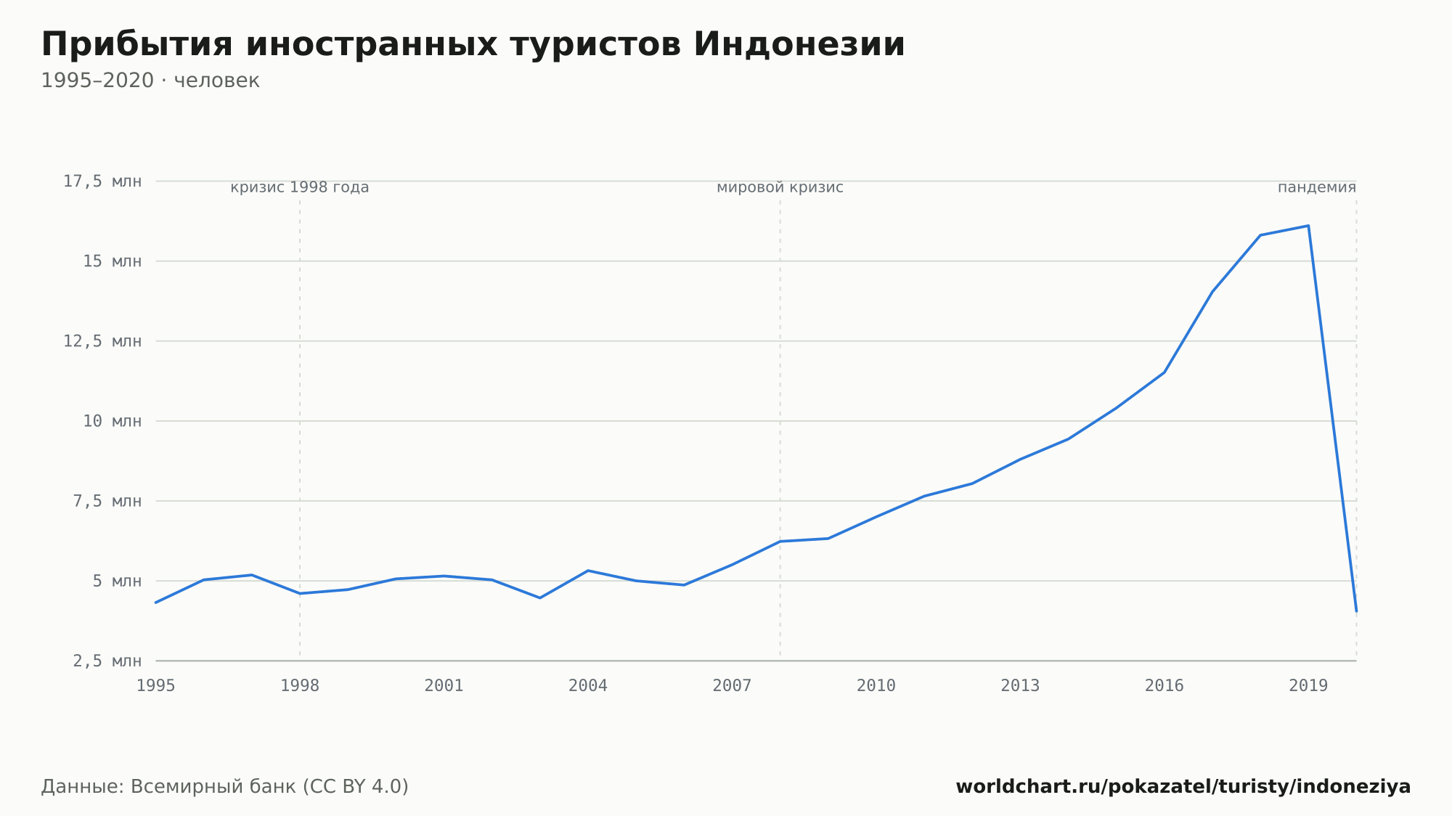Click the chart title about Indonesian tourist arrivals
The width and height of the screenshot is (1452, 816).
(473, 44)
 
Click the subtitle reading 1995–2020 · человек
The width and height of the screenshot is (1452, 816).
(150, 81)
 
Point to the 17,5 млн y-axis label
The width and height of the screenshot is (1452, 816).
(102, 181)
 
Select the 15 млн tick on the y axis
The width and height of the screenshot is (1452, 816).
(113, 261)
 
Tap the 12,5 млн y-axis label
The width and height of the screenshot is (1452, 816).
(102, 341)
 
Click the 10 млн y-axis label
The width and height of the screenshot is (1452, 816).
(113, 421)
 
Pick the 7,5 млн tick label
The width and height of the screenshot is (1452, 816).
(107, 501)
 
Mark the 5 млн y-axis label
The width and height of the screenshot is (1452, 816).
(117, 581)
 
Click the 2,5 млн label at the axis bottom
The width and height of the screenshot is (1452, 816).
(107, 661)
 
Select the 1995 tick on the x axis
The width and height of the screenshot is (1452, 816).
(156, 685)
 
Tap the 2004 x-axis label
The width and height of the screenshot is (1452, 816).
(588, 685)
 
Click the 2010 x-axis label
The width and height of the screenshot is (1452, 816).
(876, 685)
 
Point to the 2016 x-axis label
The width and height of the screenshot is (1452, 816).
(1165, 685)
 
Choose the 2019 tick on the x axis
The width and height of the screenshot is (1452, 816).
(1308, 685)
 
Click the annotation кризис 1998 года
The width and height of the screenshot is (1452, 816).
(300, 187)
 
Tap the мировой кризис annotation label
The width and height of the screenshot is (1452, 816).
(780, 187)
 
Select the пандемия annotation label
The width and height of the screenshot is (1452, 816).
(1317, 187)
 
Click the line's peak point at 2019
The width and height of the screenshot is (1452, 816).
(1308, 226)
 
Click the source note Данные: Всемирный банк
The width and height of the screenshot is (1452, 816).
(225, 786)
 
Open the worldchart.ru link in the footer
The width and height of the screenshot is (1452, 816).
(1183, 786)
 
